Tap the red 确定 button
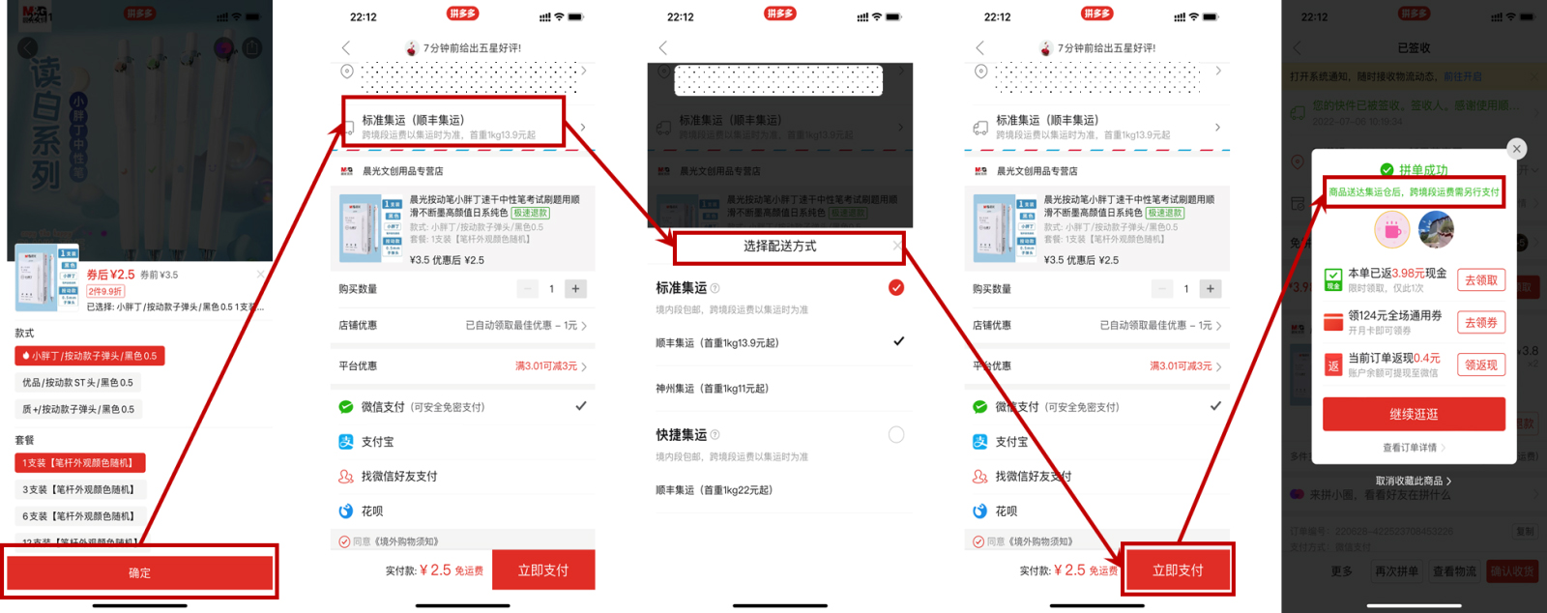(x=140, y=572)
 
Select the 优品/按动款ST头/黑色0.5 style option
(x=78, y=383)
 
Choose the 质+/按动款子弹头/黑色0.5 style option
(x=78, y=409)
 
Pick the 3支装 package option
(x=78, y=489)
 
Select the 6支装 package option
(x=78, y=516)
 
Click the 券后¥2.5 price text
(x=111, y=275)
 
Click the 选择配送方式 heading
(x=779, y=247)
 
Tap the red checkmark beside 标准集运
(x=896, y=287)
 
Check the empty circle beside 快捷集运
(x=896, y=435)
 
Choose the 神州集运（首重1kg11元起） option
(x=713, y=389)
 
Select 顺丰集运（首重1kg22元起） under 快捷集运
(x=715, y=490)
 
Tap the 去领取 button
(x=1480, y=280)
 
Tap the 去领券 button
(x=1480, y=322)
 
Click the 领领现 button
(x=1480, y=365)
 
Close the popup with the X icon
(x=1517, y=148)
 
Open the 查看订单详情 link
(x=1413, y=448)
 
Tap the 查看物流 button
(x=1454, y=571)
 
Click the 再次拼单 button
(x=1396, y=571)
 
